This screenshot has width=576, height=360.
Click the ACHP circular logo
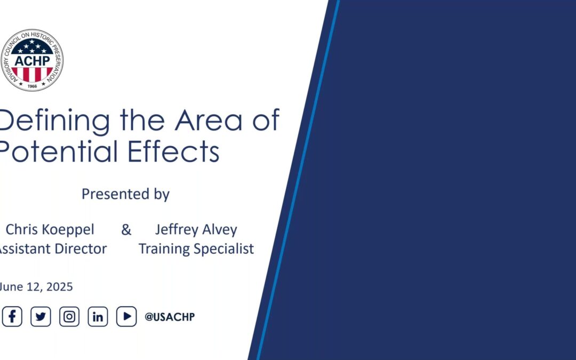coord(32,60)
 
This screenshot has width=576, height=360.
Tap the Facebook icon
coord(12,316)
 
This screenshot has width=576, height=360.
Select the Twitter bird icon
coord(41,316)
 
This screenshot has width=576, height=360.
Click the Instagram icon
coord(69,316)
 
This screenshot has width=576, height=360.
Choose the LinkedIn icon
coord(98,316)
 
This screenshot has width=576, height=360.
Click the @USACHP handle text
coord(170,317)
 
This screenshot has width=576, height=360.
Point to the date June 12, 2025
coord(36,286)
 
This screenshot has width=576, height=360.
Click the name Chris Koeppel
coord(50,229)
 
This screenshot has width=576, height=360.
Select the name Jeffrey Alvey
coord(196,229)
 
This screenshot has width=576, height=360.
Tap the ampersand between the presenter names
coord(126,230)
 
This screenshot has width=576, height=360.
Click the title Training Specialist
coord(196,249)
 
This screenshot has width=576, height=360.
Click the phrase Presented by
coord(126,194)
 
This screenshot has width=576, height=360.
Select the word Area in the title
coord(209,120)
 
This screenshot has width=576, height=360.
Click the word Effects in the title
coord(174,151)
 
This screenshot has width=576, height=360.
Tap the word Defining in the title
coord(54,121)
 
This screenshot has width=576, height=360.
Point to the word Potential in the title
coord(59,151)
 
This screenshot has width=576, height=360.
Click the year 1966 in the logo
coord(33,86)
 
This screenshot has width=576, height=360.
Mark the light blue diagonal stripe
coord(298,180)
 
